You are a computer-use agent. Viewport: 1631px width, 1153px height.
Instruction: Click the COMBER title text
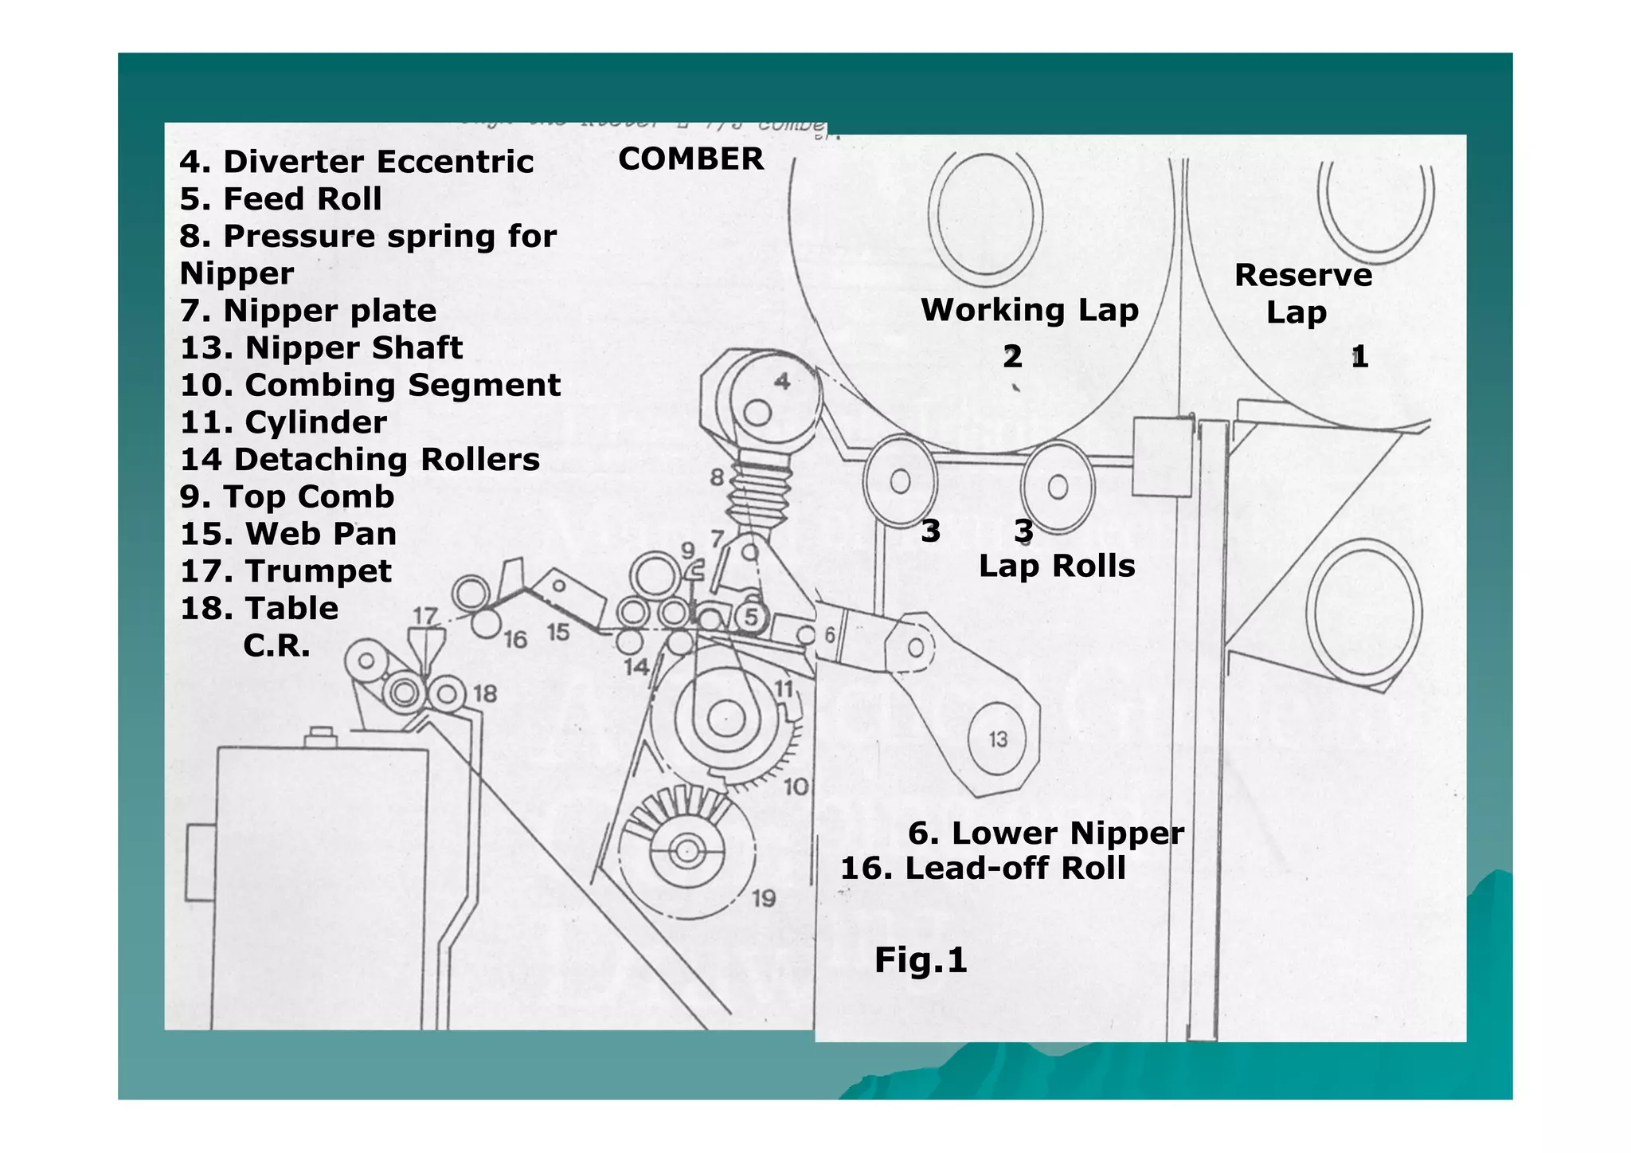click(690, 159)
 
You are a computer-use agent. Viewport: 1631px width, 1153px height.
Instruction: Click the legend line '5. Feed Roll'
click(280, 199)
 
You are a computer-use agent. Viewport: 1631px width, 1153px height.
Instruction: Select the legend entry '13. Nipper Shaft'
click(321, 348)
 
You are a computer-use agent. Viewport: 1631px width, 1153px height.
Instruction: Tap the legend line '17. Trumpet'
click(286, 571)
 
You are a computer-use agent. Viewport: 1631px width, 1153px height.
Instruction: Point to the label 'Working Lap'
click(1029, 310)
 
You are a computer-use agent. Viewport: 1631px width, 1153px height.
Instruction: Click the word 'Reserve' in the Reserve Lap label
click(1303, 276)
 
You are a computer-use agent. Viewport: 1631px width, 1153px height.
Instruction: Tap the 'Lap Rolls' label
click(1056, 567)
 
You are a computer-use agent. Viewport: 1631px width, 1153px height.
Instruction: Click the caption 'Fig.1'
click(920, 960)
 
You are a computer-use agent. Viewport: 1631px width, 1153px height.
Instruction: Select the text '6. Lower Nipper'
click(1046, 833)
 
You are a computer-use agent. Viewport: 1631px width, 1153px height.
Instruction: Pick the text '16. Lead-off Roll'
click(983, 869)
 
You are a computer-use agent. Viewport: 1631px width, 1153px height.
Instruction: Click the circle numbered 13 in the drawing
click(998, 739)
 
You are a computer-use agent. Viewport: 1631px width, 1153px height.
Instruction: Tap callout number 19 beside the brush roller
click(764, 899)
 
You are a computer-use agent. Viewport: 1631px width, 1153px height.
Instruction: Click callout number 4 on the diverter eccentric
click(783, 382)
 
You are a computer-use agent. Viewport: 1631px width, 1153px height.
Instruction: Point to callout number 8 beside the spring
click(717, 477)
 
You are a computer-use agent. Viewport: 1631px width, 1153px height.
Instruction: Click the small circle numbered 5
click(750, 616)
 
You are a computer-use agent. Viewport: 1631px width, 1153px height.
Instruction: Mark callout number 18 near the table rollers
click(485, 693)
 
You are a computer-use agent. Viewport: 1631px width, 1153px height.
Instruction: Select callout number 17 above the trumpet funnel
click(425, 615)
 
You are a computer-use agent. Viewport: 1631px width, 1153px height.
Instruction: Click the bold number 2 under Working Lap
click(1011, 357)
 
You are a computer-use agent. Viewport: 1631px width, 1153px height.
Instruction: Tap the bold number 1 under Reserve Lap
click(1359, 357)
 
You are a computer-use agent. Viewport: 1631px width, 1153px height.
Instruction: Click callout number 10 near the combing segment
click(796, 787)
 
